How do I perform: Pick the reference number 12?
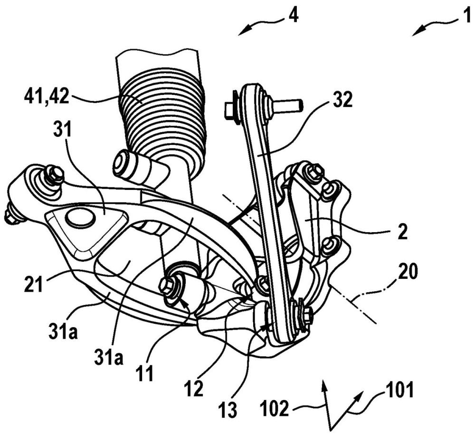[193, 388]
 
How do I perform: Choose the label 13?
[228, 410]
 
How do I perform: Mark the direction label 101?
[399, 390]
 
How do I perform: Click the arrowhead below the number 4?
[244, 31]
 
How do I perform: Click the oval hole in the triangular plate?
[79, 218]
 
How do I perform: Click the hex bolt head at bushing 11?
[167, 285]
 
